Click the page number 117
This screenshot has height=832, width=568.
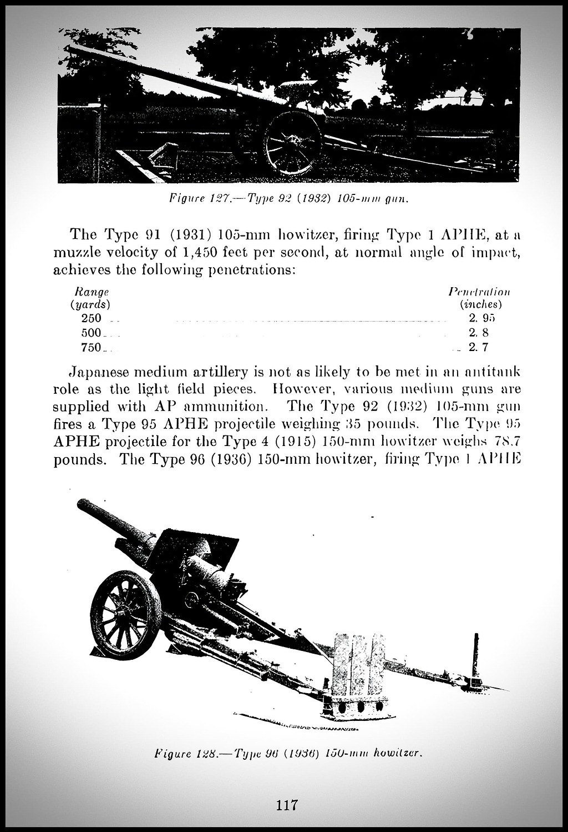(x=287, y=804)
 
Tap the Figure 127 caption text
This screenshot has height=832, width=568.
(x=288, y=199)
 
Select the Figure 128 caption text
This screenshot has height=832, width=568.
(x=288, y=754)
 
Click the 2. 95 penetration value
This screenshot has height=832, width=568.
(x=480, y=318)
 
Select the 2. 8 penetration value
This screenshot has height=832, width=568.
(x=478, y=333)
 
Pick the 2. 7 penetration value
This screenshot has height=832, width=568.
(x=478, y=348)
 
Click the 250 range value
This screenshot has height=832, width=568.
(x=91, y=318)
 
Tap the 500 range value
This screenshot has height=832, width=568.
(x=91, y=333)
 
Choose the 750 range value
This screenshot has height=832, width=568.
(x=91, y=348)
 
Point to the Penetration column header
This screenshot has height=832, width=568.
(x=479, y=292)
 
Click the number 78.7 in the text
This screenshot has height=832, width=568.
(x=505, y=442)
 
